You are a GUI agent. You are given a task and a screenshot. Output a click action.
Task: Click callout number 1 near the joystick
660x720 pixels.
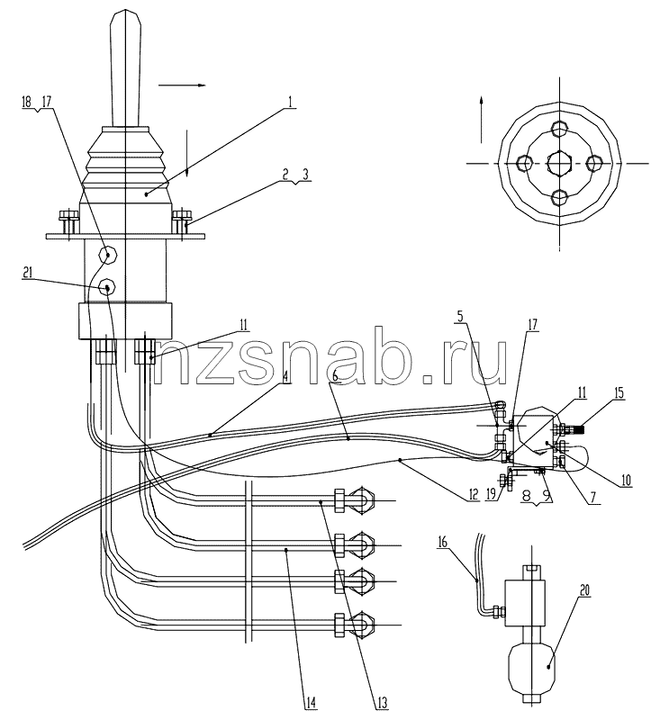click(290, 102)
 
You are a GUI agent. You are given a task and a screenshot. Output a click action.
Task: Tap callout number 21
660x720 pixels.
click(28, 273)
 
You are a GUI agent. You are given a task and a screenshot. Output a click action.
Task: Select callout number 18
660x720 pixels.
click(27, 102)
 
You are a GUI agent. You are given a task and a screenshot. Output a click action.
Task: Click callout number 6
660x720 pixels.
click(336, 376)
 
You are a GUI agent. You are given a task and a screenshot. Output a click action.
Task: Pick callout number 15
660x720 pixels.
click(619, 393)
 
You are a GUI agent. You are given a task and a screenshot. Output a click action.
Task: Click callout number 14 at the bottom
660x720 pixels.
click(311, 703)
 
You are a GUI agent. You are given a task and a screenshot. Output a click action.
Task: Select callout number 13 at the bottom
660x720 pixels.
click(381, 703)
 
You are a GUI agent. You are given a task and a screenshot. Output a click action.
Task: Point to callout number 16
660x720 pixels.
click(442, 542)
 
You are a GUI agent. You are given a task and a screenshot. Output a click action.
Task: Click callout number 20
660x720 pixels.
click(583, 589)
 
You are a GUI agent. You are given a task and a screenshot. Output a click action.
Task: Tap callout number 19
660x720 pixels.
click(491, 494)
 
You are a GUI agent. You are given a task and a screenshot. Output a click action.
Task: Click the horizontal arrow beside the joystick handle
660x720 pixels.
click(182, 85)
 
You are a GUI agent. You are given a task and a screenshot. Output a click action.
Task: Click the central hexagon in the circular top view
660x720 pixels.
click(559, 163)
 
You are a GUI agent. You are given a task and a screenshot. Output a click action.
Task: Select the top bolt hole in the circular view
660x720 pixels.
click(558, 129)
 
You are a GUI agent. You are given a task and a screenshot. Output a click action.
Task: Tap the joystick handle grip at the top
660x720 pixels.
click(126, 68)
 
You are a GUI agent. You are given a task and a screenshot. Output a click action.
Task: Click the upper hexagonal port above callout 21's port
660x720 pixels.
click(109, 255)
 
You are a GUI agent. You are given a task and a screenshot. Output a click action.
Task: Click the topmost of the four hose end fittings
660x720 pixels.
click(355, 500)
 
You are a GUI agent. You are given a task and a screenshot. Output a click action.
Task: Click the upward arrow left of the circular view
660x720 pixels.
click(481, 120)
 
